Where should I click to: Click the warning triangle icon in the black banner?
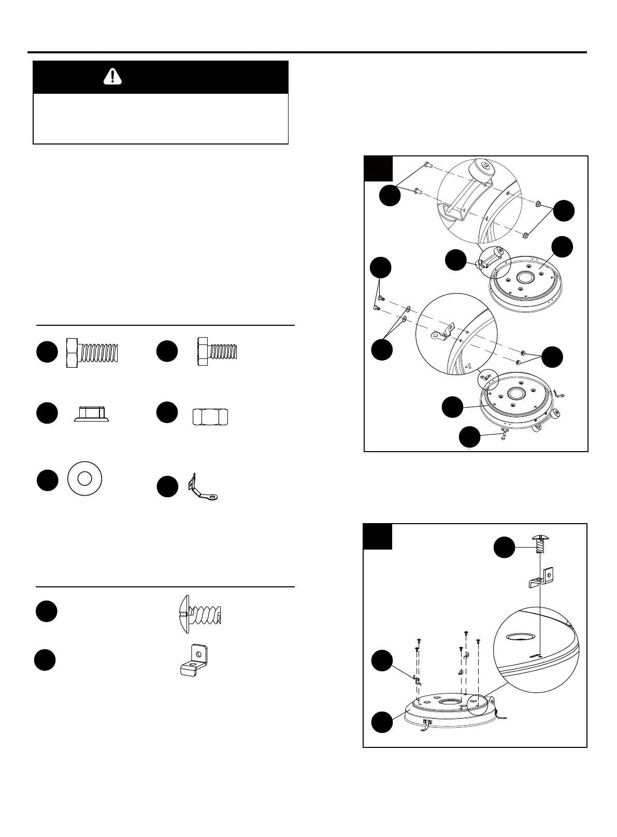point(112,77)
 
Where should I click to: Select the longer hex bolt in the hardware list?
point(92,353)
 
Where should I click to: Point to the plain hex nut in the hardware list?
point(210,416)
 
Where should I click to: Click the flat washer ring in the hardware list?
point(85,481)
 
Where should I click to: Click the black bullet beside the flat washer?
point(47,481)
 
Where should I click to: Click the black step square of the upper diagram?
point(378,169)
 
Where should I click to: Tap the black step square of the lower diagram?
point(377,537)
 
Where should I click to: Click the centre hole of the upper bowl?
point(525,277)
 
